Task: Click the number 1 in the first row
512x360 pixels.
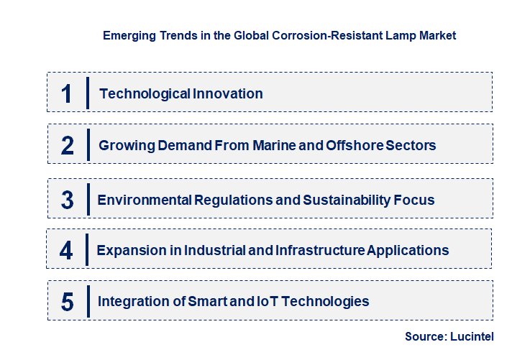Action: pyautogui.click(x=67, y=93)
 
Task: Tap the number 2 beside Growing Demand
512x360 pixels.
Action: pyautogui.click(x=68, y=145)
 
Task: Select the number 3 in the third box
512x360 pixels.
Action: pyautogui.click(x=68, y=200)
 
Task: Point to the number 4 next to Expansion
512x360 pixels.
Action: pyautogui.click(x=67, y=250)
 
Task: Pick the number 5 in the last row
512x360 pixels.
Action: pyautogui.click(x=68, y=301)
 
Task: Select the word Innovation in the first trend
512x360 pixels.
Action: pyautogui.click(x=227, y=93)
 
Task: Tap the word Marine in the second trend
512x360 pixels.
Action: pyautogui.click(x=274, y=145)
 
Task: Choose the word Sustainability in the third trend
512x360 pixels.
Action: pyautogui.click(x=345, y=199)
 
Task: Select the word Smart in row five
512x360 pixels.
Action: pyautogui.click(x=208, y=301)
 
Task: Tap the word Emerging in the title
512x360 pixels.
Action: pyautogui.click(x=129, y=35)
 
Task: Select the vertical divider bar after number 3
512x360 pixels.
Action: pyautogui.click(x=88, y=198)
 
